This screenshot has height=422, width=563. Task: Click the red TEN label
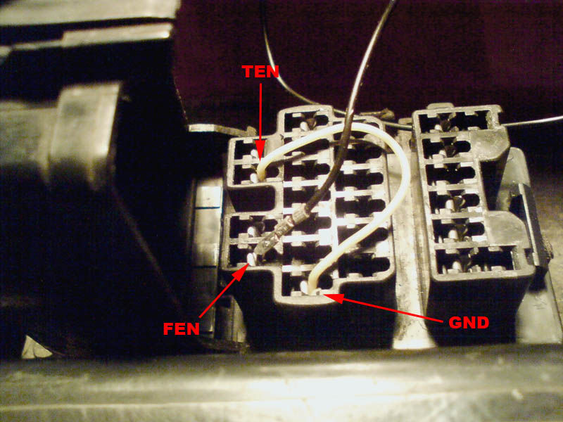coord(260,72)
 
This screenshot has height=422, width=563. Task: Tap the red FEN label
coord(181,328)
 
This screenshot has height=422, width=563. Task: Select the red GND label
coord(469,323)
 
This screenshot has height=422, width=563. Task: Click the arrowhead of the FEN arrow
coord(241,272)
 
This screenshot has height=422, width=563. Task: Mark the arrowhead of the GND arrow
coord(334,297)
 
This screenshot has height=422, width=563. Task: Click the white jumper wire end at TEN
coord(261,173)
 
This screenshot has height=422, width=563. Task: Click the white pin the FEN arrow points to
coord(252,259)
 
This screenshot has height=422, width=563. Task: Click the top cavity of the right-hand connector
coord(453,121)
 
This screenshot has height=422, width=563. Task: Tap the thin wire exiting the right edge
coord(531,121)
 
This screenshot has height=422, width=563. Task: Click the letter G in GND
coord(455,323)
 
